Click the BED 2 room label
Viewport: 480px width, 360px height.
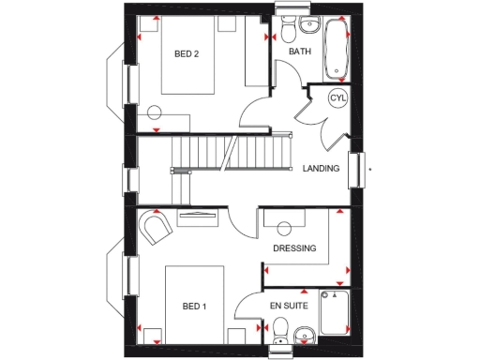coord(187,54)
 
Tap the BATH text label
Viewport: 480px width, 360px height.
coord(300,52)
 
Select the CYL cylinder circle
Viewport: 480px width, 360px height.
coord(337,97)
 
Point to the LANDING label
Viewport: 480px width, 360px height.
coord(321,170)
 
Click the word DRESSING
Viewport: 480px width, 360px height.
coord(294,248)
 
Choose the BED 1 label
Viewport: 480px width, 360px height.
coord(193,307)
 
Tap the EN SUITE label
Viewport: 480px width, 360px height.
coord(288,307)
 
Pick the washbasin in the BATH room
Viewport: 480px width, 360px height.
coord(310,25)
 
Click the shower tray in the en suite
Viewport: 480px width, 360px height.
coord(334,315)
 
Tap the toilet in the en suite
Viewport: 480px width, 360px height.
coord(279,331)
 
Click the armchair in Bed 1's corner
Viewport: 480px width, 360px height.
coord(154,228)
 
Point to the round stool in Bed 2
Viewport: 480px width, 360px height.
coord(156,112)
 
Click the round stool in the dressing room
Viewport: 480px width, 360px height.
coord(284,226)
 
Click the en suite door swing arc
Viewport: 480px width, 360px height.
coord(247,308)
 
